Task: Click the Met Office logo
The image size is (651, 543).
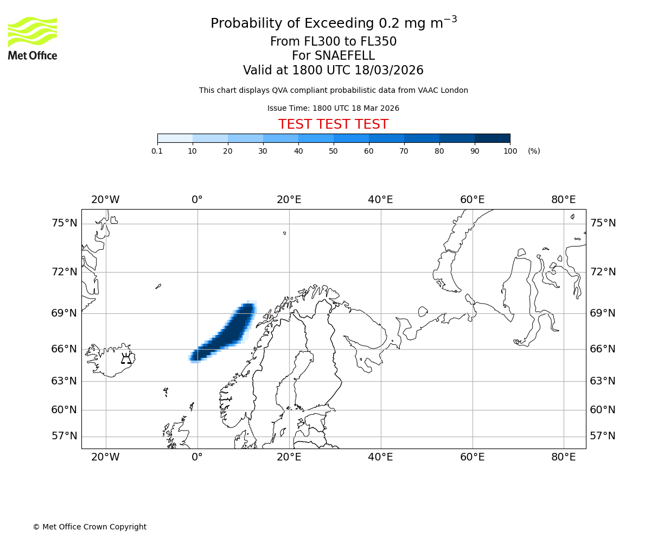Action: coord(33,38)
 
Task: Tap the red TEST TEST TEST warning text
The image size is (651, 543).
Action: coord(333,124)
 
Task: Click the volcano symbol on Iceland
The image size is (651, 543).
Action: coord(126,358)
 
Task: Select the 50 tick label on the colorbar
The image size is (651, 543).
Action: coord(334,151)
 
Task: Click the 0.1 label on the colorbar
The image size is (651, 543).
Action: coord(157,151)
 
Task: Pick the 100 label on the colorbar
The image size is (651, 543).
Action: coord(510,151)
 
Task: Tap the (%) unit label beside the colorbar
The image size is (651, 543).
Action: coord(534,151)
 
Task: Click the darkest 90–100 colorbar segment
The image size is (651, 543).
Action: coord(492,138)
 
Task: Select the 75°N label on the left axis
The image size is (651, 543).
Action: coord(64,223)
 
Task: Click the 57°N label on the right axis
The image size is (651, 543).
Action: coord(603,436)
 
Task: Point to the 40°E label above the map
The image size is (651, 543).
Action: coord(380,200)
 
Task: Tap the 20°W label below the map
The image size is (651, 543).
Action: coord(105,457)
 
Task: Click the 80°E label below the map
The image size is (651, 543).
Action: coord(563,457)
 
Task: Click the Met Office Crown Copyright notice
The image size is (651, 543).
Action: coord(90,527)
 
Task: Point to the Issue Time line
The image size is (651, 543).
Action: coord(333,108)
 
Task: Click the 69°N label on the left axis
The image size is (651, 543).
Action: coord(64,313)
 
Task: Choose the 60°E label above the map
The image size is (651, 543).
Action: coord(472,200)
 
